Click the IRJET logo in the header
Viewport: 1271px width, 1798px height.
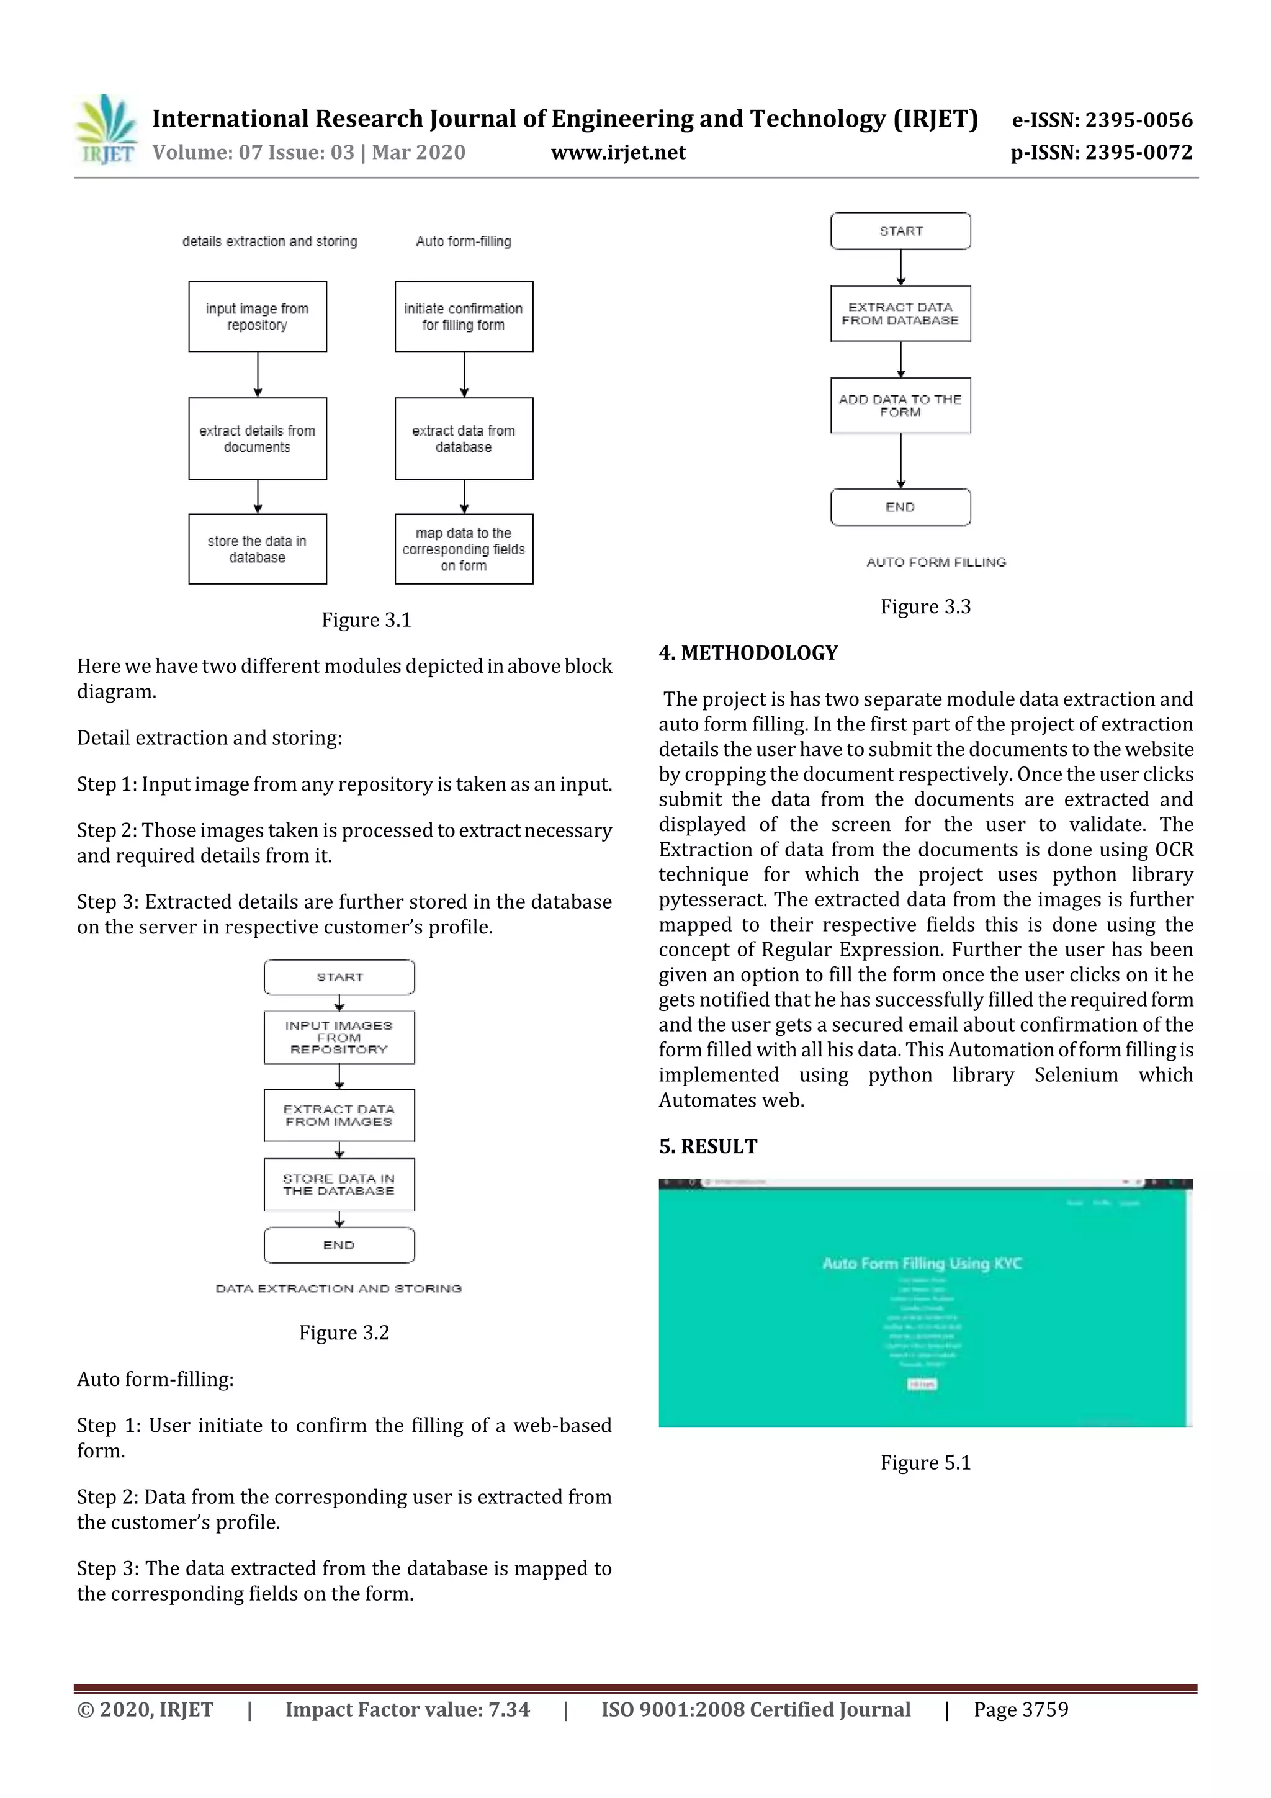point(106,130)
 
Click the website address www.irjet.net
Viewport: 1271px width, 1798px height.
point(618,153)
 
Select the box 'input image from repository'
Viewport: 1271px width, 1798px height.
point(257,317)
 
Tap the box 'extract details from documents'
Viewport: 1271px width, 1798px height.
point(257,439)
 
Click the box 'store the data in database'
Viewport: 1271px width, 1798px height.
point(257,549)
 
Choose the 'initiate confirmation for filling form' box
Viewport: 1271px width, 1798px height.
point(464,317)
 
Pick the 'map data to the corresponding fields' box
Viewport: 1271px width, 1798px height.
point(464,549)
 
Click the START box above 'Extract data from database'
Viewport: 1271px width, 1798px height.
point(900,231)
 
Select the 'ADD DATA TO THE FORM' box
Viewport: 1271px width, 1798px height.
point(900,406)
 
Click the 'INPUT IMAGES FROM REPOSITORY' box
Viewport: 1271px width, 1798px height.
point(339,1038)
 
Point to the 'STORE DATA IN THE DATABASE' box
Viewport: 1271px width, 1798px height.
point(339,1185)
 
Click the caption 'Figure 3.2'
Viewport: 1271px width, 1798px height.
point(344,1333)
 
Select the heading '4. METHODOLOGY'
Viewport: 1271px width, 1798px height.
point(748,653)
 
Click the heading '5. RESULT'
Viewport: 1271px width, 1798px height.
point(708,1146)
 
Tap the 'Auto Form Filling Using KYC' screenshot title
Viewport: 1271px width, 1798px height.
point(922,1263)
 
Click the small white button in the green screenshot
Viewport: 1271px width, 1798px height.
point(922,1385)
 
